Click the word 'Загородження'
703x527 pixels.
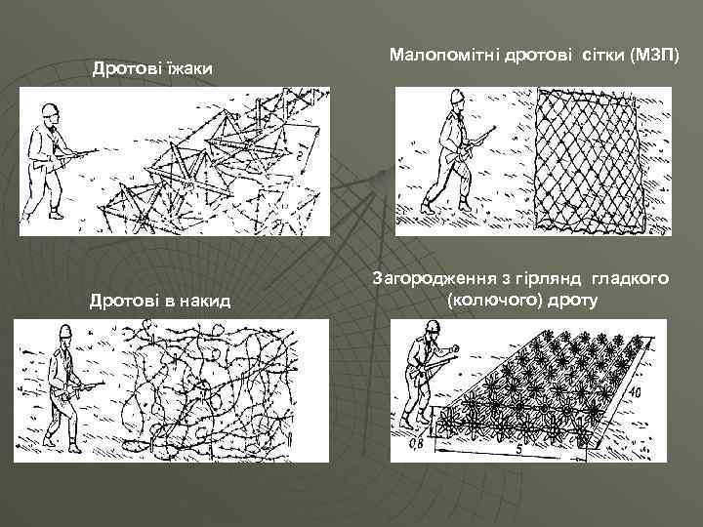pos(430,280)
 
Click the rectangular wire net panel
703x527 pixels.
pos(588,159)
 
